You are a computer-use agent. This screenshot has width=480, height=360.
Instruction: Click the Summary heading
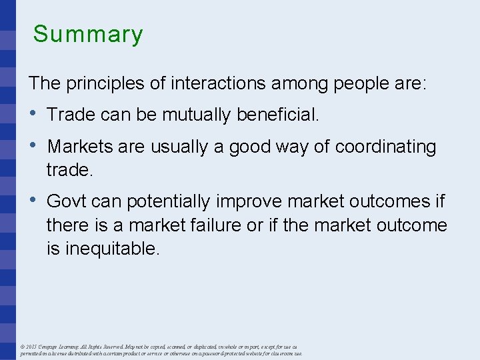pyautogui.click(x=88, y=34)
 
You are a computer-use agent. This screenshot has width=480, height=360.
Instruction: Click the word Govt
pyautogui.click(x=66, y=201)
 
